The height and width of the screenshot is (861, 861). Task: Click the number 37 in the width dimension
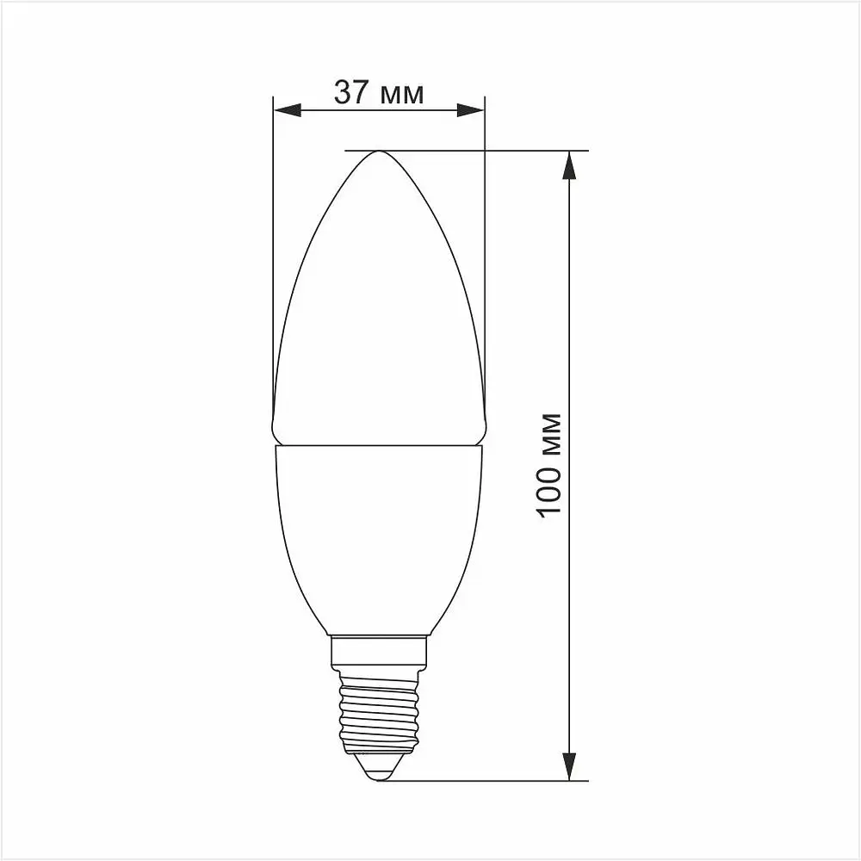tap(351, 91)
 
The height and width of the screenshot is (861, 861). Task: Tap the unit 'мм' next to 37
tap(402, 95)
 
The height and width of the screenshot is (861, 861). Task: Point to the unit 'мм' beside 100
tap(551, 436)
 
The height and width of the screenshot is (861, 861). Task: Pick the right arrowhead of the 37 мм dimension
tap(471, 110)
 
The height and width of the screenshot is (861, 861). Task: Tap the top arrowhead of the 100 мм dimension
tap(568, 164)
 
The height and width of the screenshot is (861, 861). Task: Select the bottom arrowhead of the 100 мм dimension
tap(568, 766)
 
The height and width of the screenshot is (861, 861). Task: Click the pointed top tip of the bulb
tap(379, 152)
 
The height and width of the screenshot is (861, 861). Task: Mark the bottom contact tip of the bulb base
tap(379, 775)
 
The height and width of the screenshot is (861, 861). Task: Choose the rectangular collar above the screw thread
tap(379, 652)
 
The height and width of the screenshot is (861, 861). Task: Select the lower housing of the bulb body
tap(379, 534)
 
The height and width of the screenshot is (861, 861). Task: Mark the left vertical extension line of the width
tap(273, 258)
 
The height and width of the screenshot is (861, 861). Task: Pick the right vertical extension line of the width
tap(485, 258)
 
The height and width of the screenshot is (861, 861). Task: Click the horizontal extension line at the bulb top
tap(517, 151)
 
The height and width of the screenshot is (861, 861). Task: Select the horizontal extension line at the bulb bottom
tap(499, 781)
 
